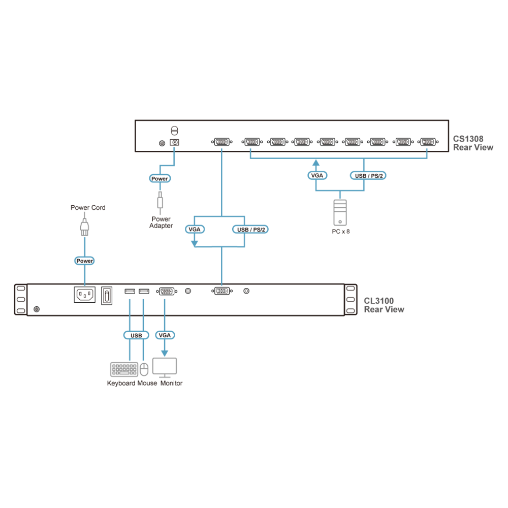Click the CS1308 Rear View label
[472, 143]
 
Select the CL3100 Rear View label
[384, 305]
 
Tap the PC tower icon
[340, 212]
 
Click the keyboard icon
[124, 370]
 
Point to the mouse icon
[144, 370]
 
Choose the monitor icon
[165, 368]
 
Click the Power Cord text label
[88, 208]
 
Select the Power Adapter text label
[161, 223]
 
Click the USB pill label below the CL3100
[136, 335]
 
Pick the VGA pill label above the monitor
[165, 335]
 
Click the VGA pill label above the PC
[317, 175]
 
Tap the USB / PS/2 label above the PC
[368, 176]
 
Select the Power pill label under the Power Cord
[84, 261]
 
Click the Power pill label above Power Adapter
[160, 178]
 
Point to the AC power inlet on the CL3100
[84, 295]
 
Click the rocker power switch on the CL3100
[107, 296]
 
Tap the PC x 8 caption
[341, 232]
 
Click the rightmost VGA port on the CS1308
[428, 142]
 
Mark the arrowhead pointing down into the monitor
[165, 353]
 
